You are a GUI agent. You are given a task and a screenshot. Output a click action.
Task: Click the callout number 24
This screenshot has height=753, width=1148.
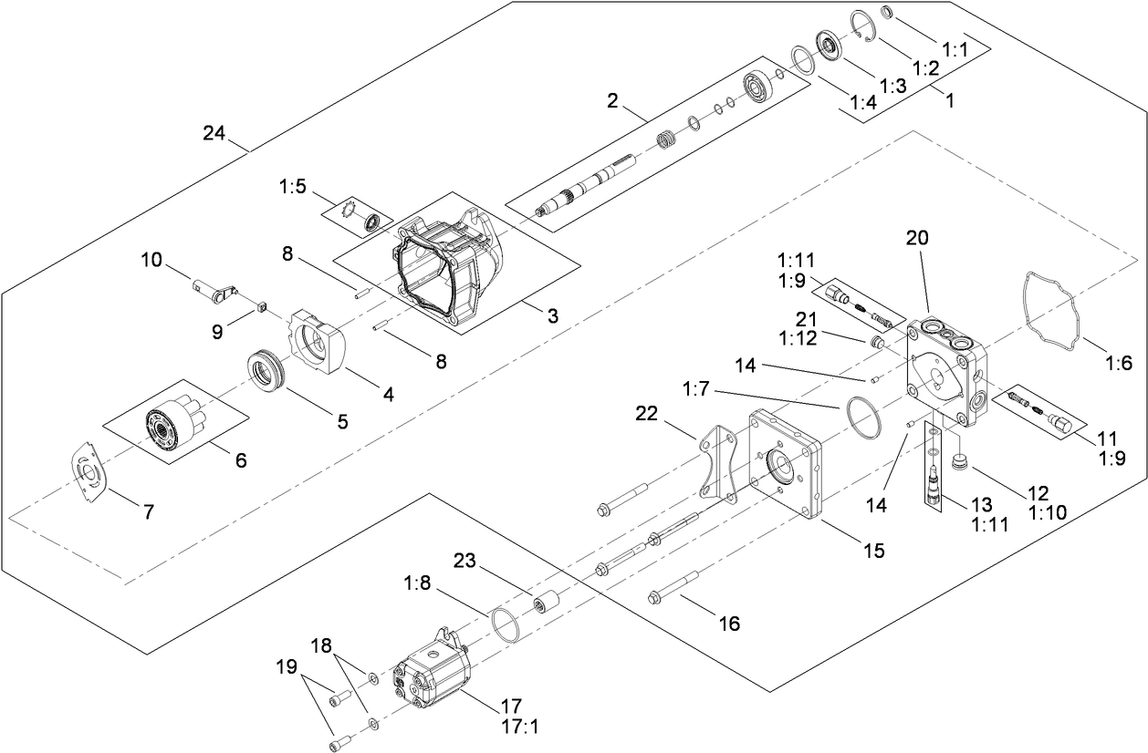click(214, 133)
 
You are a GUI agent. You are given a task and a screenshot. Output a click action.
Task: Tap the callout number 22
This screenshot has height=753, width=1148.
click(647, 413)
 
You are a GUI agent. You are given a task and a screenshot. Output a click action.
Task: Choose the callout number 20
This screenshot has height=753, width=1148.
click(917, 238)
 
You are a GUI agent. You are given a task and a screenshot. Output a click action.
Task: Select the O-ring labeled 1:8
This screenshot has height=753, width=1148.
click(504, 624)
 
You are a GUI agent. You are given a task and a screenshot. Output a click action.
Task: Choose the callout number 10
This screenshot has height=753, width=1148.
click(151, 261)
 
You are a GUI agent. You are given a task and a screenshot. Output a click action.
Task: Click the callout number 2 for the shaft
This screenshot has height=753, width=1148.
click(613, 100)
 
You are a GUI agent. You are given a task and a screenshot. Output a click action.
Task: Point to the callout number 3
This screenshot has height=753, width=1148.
click(553, 315)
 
